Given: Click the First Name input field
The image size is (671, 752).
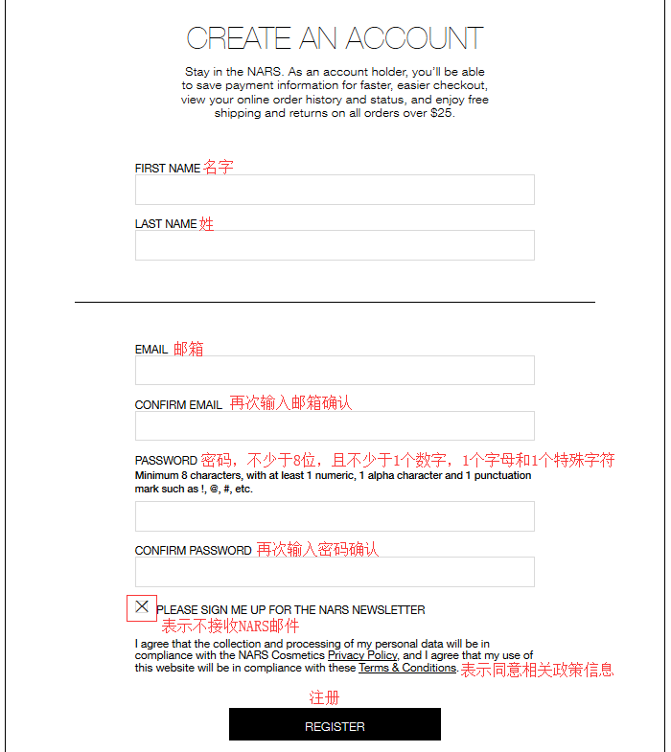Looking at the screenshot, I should click(x=335, y=190).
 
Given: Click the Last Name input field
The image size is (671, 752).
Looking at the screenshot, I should click(x=335, y=245).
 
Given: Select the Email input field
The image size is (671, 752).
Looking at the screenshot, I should click(x=335, y=371).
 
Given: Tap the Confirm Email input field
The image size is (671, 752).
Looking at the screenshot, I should click(x=335, y=426).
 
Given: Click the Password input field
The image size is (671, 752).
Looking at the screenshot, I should click(x=335, y=516).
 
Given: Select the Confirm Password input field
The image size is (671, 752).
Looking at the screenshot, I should click(x=335, y=572).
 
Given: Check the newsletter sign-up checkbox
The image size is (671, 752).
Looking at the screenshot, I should click(x=142, y=606).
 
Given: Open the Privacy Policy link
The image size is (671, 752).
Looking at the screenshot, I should click(x=362, y=655).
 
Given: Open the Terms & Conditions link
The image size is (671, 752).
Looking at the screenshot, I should click(x=407, y=668).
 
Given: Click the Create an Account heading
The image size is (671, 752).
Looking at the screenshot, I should click(x=335, y=38).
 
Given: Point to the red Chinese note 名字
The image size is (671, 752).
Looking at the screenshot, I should click(x=218, y=168).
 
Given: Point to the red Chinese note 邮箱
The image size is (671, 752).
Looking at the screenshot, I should click(x=188, y=350).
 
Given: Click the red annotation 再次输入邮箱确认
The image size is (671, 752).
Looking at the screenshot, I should click(x=290, y=403).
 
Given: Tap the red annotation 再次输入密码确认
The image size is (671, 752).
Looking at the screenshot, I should click(x=317, y=550).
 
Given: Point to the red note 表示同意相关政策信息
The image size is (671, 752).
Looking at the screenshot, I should click(x=537, y=670).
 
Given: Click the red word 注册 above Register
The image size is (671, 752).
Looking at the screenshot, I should click(x=324, y=697).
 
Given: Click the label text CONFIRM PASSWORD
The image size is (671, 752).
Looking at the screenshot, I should click(x=193, y=551).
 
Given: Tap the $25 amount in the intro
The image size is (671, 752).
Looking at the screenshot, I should click(x=441, y=113).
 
